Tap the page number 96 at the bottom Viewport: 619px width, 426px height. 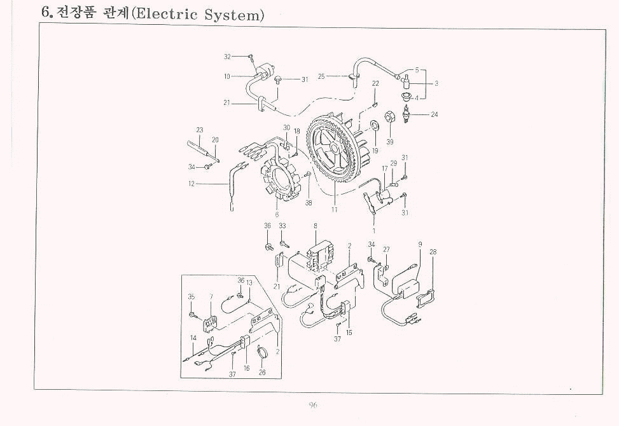click(313, 405)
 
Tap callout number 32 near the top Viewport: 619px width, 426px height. click(228, 57)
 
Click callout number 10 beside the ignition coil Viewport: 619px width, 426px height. click(226, 76)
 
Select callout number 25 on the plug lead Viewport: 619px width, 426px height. click(321, 76)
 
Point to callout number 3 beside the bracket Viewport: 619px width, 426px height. click(436, 83)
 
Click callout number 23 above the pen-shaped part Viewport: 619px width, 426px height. click(199, 130)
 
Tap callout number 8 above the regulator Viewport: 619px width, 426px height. click(315, 226)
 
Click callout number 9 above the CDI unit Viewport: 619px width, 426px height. click(420, 244)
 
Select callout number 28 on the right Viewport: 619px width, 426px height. click(433, 252)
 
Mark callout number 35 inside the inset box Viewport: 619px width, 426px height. click(191, 296)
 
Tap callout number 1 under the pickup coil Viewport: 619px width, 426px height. click(373, 230)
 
